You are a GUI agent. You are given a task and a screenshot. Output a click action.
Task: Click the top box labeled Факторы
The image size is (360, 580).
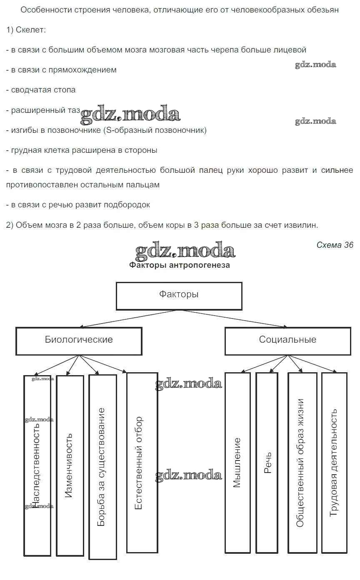click(x=179, y=296)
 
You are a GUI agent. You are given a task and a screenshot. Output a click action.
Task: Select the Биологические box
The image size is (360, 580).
click(x=79, y=341)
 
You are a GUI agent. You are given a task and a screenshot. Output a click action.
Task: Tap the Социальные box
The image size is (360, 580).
click(x=287, y=341)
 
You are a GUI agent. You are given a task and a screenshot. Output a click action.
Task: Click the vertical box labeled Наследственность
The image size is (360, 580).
click(x=37, y=465)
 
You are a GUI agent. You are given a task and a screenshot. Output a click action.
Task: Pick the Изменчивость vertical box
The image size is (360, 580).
click(x=70, y=465)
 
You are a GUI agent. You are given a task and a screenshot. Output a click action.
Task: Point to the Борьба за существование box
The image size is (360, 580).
click(x=102, y=466)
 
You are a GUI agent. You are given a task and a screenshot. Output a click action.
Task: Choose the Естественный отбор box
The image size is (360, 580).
click(x=142, y=462)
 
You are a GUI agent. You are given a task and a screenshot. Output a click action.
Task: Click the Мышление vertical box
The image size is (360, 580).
click(x=237, y=462)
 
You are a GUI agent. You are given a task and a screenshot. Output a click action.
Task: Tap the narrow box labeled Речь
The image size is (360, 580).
click(x=267, y=462)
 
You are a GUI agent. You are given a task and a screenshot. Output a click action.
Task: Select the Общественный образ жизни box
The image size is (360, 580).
click(x=300, y=462)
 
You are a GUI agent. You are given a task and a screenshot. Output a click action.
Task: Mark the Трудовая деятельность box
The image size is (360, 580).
click(x=334, y=462)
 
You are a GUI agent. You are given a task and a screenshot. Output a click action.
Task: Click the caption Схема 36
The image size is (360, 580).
click(x=335, y=245)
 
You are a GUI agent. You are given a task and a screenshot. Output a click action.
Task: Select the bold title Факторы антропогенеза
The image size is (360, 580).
click(x=179, y=265)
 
